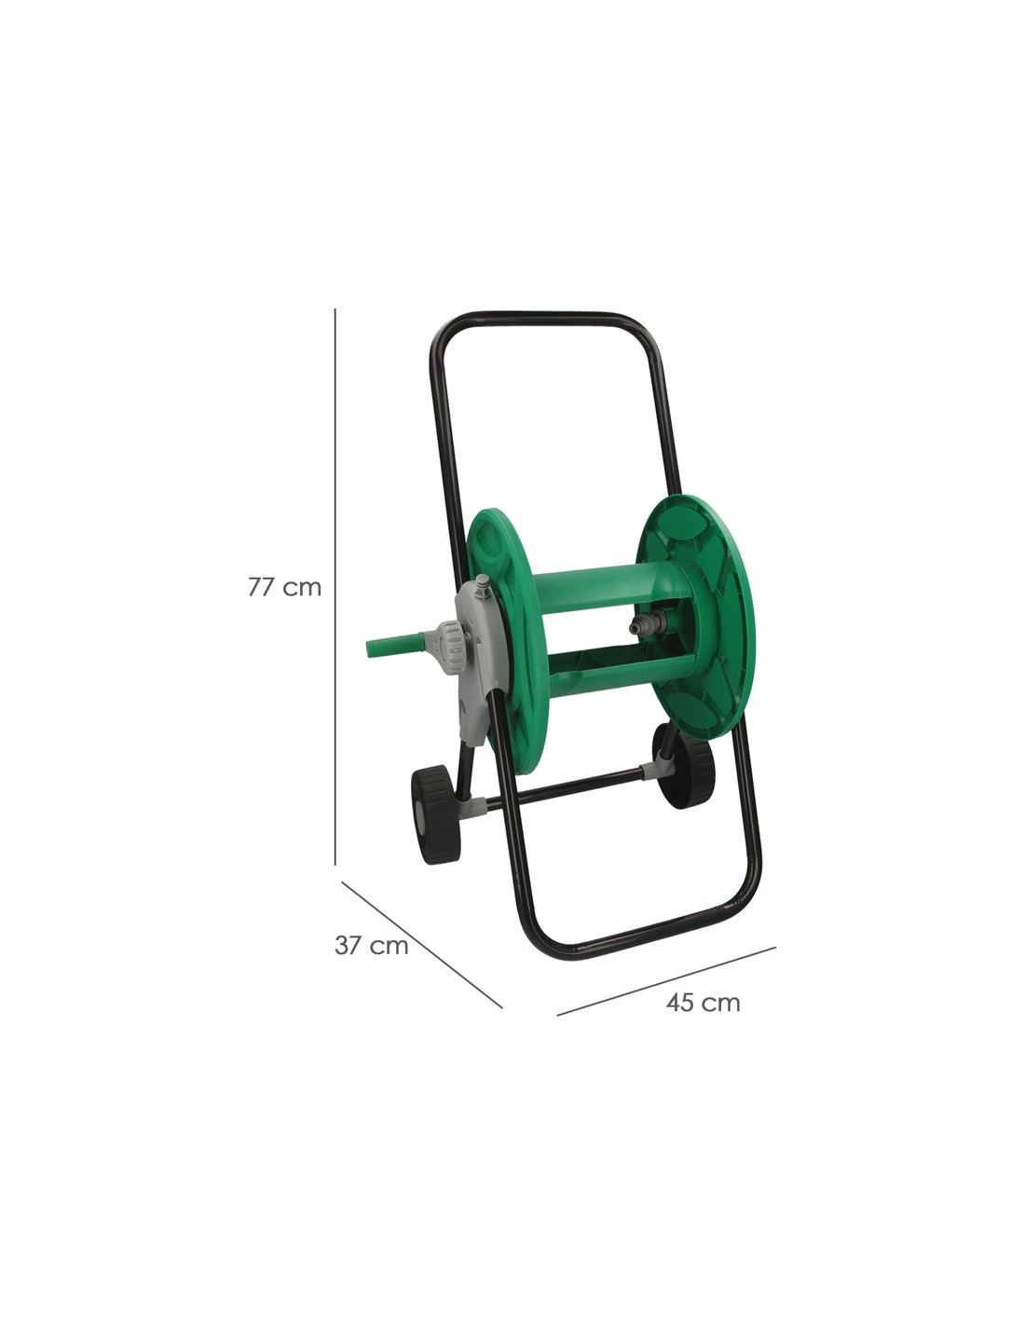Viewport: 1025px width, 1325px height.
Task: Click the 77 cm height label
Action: [x=284, y=587]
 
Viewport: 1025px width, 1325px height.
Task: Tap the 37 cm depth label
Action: [x=371, y=945]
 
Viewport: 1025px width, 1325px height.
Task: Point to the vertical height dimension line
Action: [x=335, y=586]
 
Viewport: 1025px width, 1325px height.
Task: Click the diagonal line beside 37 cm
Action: [x=421, y=945]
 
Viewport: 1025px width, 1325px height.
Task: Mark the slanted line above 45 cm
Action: [x=666, y=981]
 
